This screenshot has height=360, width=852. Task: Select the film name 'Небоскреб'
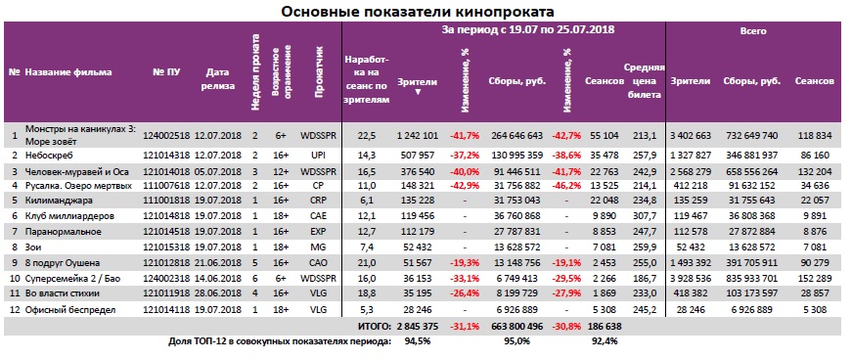[48, 156]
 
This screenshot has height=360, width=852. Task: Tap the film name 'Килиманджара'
[58, 200]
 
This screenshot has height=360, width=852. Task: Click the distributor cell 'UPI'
[319, 156]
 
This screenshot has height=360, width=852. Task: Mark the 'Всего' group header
[752, 31]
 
